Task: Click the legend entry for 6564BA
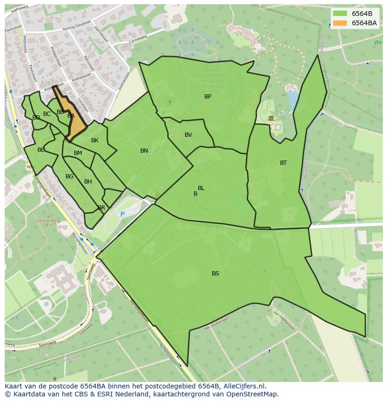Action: point(364,23)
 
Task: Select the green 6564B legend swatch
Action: point(340,14)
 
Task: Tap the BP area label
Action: point(208,97)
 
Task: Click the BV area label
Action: point(188,135)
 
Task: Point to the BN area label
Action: point(144,151)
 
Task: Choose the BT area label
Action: point(283,163)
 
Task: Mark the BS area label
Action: point(215,274)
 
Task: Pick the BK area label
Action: point(95,141)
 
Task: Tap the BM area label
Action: point(78,153)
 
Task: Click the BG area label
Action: point(70,176)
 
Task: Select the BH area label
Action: point(88,182)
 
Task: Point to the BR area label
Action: point(101,208)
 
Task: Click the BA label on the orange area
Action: point(71,116)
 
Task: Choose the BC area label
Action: point(47,114)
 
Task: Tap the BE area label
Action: point(41,150)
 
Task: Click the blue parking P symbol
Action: point(122,214)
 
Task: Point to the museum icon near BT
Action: point(271,119)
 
